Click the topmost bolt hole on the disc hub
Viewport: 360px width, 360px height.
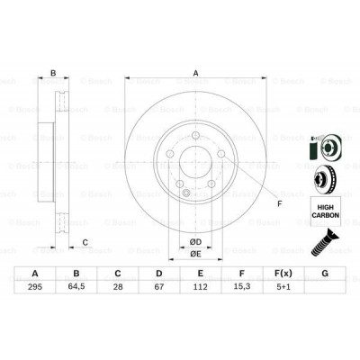(192, 136)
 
